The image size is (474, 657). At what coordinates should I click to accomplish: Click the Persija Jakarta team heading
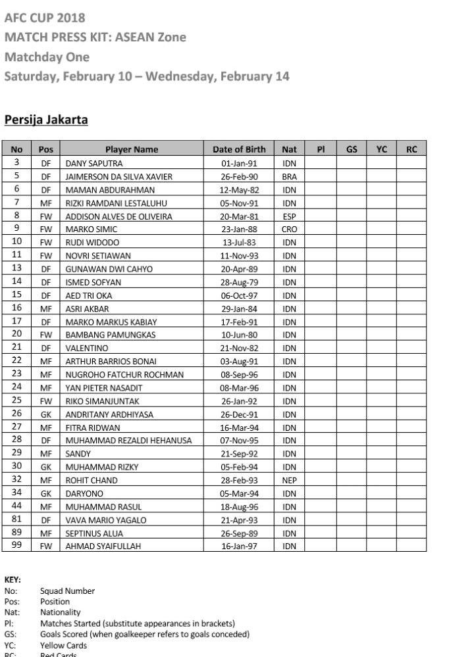[x=46, y=120]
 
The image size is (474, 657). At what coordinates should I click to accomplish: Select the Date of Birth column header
[x=239, y=149]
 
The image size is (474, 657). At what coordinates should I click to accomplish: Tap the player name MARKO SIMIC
[x=92, y=230]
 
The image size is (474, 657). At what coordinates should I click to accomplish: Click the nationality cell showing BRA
[x=289, y=176]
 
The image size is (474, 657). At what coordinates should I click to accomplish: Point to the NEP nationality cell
[x=289, y=480]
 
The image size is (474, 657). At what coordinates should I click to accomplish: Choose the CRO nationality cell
[x=289, y=230]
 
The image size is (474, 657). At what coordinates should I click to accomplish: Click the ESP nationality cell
[x=289, y=216]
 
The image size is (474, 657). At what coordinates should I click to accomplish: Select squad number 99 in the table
[x=16, y=545]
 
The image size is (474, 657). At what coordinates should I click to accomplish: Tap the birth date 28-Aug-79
[x=239, y=282]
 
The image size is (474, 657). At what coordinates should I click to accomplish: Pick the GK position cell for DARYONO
[x=45, y=493]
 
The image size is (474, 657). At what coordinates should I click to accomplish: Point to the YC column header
[x=381, y=149]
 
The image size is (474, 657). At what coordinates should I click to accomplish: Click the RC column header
[x=411, y=149]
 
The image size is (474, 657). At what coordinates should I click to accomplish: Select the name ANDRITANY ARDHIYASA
[x=109, y=414]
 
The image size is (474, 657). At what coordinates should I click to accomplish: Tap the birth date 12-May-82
[x=239, y=190]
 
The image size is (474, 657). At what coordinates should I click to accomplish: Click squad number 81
[x=16, y=520]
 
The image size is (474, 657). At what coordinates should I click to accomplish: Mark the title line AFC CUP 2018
[x=45, y=17]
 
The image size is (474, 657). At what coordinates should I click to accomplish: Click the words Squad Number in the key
[x=67, y=591]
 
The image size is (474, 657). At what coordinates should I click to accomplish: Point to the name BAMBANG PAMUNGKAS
[x=111, y=335]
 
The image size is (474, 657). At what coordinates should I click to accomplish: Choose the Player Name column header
[x=132, y=149]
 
